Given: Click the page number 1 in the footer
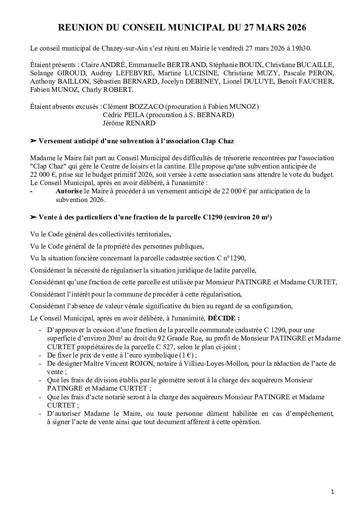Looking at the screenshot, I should coord(332,492).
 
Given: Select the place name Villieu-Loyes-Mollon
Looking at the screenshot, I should coord(209,364).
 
